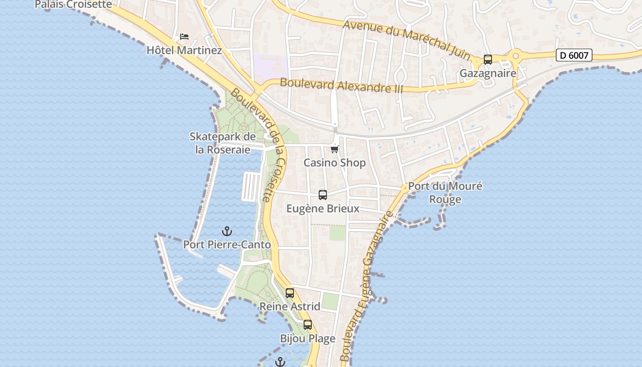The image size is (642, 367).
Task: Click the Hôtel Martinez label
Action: pos(184,50)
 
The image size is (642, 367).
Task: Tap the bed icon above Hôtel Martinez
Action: pos(184,37)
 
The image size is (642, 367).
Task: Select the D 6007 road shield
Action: pos(574,56)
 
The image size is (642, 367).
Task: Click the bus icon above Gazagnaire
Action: pos(488,60)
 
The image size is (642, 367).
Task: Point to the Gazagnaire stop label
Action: pos(488,73)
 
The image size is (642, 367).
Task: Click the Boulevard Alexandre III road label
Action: pos(341,85)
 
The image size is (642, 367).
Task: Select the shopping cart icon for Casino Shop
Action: pos(335,149)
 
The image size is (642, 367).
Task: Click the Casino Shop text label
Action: pos(335,163)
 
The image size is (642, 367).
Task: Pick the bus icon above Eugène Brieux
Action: pos(323,195)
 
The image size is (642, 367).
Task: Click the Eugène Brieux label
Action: pos(323,209)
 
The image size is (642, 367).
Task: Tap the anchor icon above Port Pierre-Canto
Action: pos(227,231)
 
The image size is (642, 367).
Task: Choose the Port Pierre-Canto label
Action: pos(227,245)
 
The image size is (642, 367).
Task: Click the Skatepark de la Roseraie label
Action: pos(223,143)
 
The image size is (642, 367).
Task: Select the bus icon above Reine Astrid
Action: pos(290,293)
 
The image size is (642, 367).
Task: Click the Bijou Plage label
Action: pos(308,339)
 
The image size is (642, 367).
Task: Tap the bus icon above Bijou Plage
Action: pos(308,325)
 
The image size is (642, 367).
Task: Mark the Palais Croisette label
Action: pos(73,5)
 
